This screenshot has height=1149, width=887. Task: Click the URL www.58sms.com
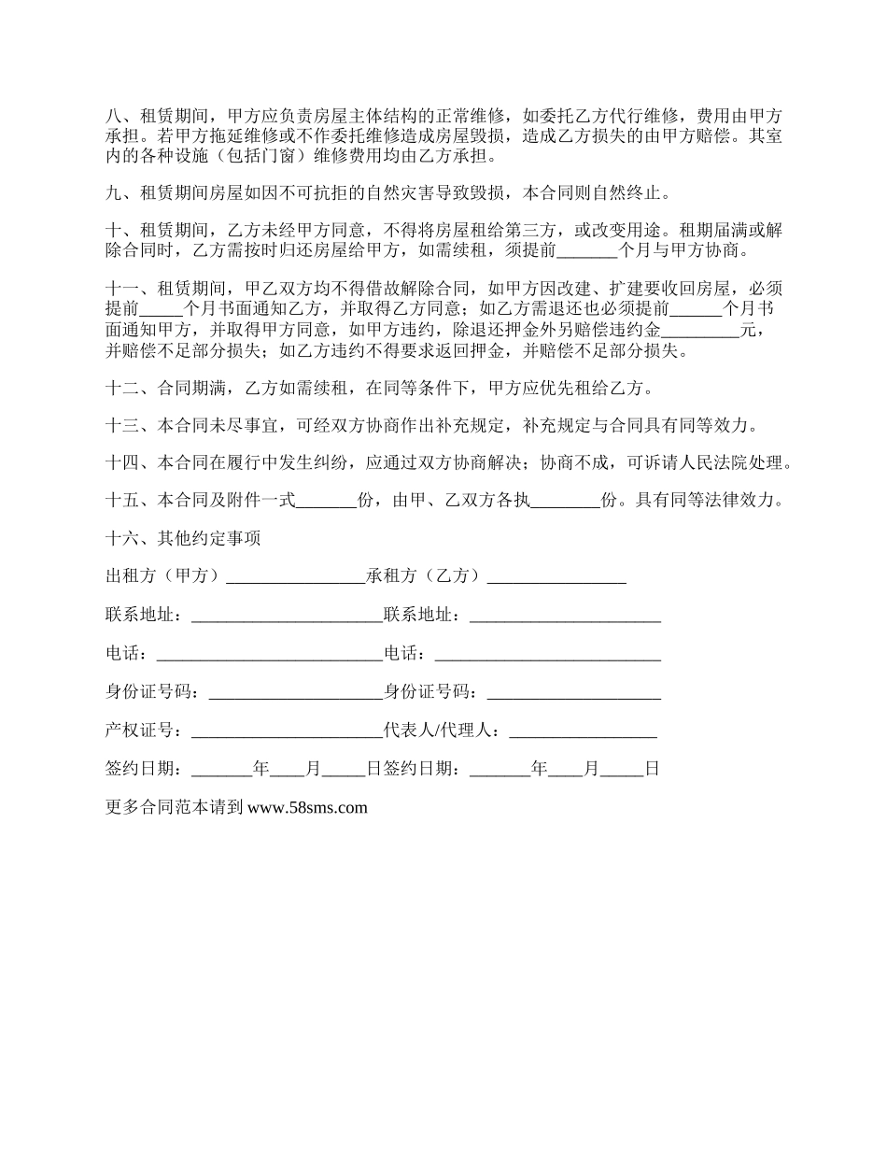click(307, 808)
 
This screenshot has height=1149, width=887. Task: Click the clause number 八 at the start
click(114, 117)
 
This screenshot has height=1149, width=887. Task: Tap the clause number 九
click(114, 193)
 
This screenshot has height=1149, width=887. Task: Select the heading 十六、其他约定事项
click(183, 538)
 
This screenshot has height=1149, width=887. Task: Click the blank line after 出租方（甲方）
click(295, 577)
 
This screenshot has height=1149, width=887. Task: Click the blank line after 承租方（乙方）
click(556, 577)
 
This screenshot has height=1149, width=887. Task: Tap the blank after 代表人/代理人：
click(583, 731)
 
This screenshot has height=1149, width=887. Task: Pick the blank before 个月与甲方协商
click(586, 251)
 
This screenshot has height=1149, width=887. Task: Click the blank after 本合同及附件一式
click(327, 501)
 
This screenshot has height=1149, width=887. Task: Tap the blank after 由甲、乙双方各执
click(566, 501)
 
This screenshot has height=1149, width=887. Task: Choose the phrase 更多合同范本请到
click(175, 808)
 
